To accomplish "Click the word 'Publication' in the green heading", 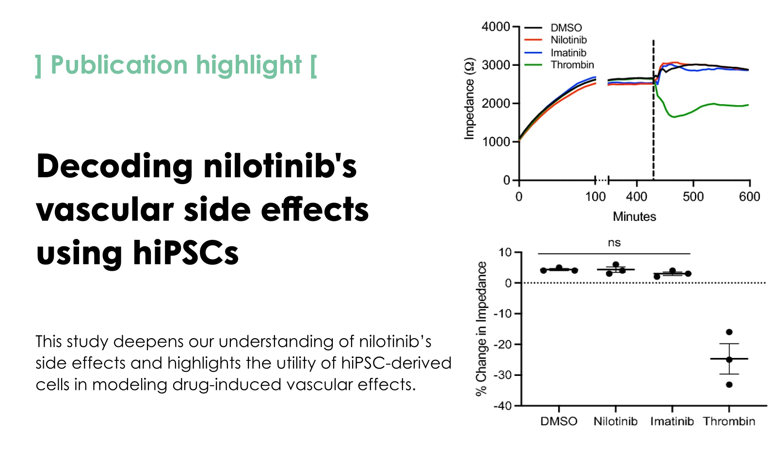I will pos(119,65).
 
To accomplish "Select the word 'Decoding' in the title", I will pos(114,166).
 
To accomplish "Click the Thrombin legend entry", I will pos(572,65).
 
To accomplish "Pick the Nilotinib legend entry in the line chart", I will pos(568,40).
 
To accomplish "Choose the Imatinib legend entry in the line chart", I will pos(568,53).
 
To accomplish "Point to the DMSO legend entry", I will pos(566,28).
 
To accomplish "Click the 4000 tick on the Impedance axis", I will pos(495,27).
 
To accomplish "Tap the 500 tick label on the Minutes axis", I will pos(693,197).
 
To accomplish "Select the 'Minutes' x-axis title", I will pos(634,217).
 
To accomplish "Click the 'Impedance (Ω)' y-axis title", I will pos(469,99).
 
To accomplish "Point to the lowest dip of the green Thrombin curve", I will pos(673,117).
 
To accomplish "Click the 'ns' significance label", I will pos(614,243).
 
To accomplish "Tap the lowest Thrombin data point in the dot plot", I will pos(729,385).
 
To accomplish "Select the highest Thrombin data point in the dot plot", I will pos(729,332).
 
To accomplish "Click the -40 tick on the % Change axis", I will pos(502,406).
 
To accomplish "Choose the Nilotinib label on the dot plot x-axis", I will pos(615,421).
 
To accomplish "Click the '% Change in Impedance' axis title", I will pos(481,328).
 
